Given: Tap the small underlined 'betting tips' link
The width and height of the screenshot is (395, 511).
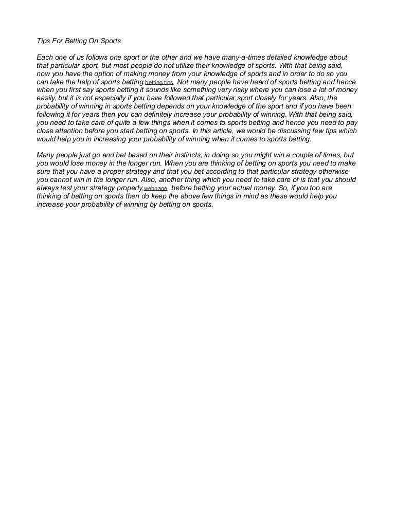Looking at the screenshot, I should pyautogui.click(x=159, y=82).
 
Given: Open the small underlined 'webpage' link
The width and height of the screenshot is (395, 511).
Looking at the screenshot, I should pyautogui.click(x=155, y=189).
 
